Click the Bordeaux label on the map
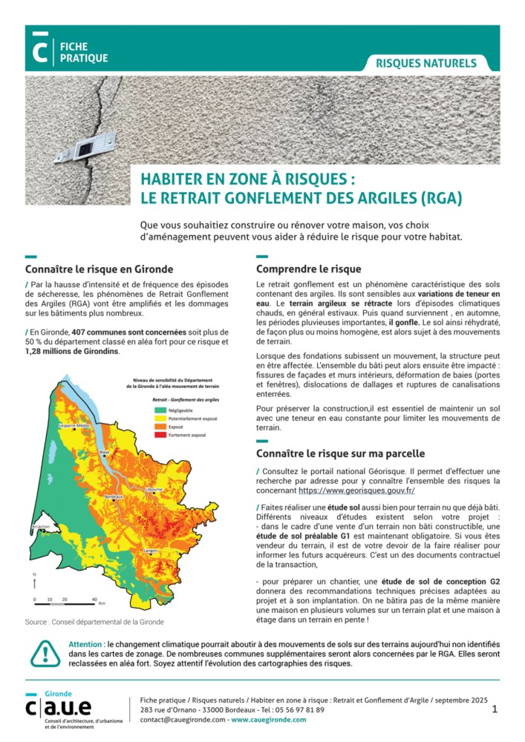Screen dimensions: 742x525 tap(114, 496)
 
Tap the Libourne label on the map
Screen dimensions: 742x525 tap(154, 490)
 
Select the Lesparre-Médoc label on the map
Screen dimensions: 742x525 tap(74, 425)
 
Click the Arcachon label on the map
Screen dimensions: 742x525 tap(39, 526)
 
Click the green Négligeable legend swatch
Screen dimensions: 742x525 tap(160, 409)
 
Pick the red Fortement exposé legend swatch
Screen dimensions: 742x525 tap(160, 435)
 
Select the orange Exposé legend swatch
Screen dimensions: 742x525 tap(160, 427)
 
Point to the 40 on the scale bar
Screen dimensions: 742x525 tap(94, 599)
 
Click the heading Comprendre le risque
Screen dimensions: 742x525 tap(308, 269)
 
